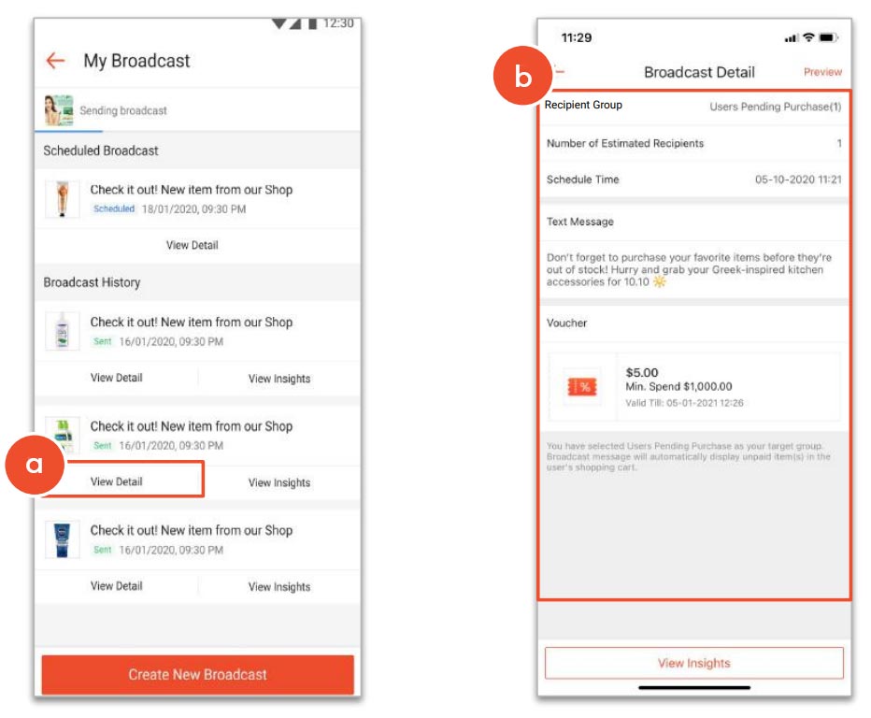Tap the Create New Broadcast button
tap(197, 674)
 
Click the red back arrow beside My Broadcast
tap(55, 61)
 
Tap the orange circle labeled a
tap(34, 464)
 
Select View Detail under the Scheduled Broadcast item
tap(192, 245)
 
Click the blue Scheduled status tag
tap(114, 209)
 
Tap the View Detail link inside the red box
tap(117, 481)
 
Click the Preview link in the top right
tap(822, 72)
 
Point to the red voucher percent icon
tap(581, 387)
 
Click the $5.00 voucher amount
tap(642, 372)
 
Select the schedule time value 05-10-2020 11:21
tap(797, 179)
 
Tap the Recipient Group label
tap(583, 106)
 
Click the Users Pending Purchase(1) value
tap(775, 107)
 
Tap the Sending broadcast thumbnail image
tap(58, 110)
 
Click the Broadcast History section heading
tap(92, 282)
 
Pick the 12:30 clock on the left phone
tap(337, 22)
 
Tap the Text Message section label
tap(580, 223)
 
